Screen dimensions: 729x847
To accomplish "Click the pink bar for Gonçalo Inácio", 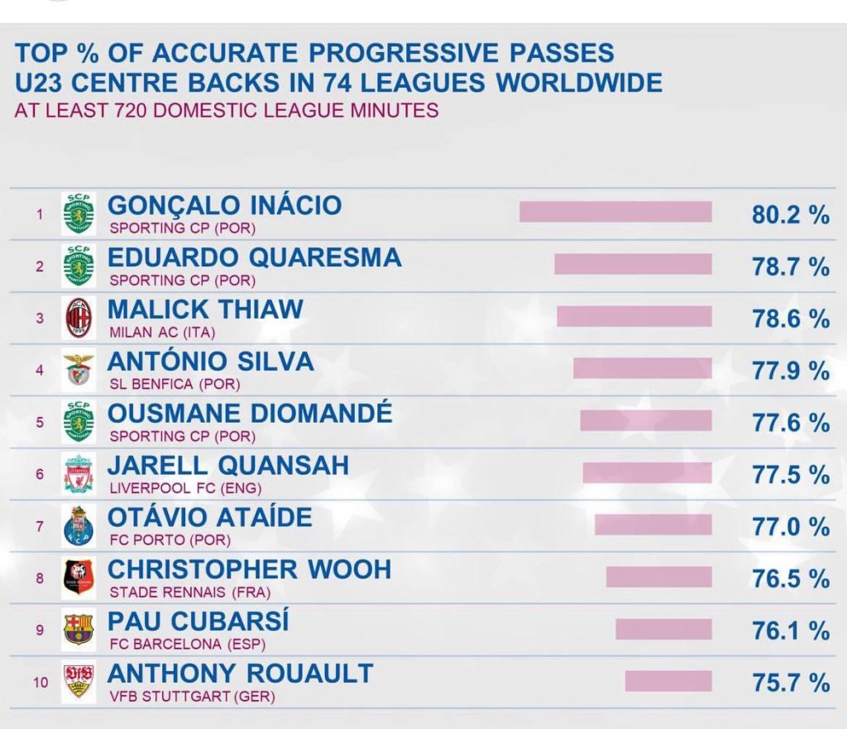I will pos(615,212).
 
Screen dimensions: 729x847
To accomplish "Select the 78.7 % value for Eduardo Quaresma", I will pos(790,266).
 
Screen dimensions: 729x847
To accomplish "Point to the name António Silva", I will pos(211,362).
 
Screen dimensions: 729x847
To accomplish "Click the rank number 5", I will pos(40,422).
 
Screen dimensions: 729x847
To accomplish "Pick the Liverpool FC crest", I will pos(79,474).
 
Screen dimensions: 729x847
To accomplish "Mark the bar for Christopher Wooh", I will pos(658,577).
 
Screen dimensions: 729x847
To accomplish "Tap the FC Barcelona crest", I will pos(79,631).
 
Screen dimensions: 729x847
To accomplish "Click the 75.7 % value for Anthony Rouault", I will pos(790,683).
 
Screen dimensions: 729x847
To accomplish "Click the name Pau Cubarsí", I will pos(199,621).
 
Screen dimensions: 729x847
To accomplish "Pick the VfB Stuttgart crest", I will pos(79,682).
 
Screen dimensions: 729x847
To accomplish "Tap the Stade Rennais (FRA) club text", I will pos(190,592).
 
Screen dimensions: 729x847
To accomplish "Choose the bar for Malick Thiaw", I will pos(634,316).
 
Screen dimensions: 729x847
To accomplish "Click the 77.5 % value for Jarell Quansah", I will pos(790,475).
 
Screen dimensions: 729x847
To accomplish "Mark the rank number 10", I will pos(41,683).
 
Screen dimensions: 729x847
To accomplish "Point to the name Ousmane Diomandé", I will pos(250,413).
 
